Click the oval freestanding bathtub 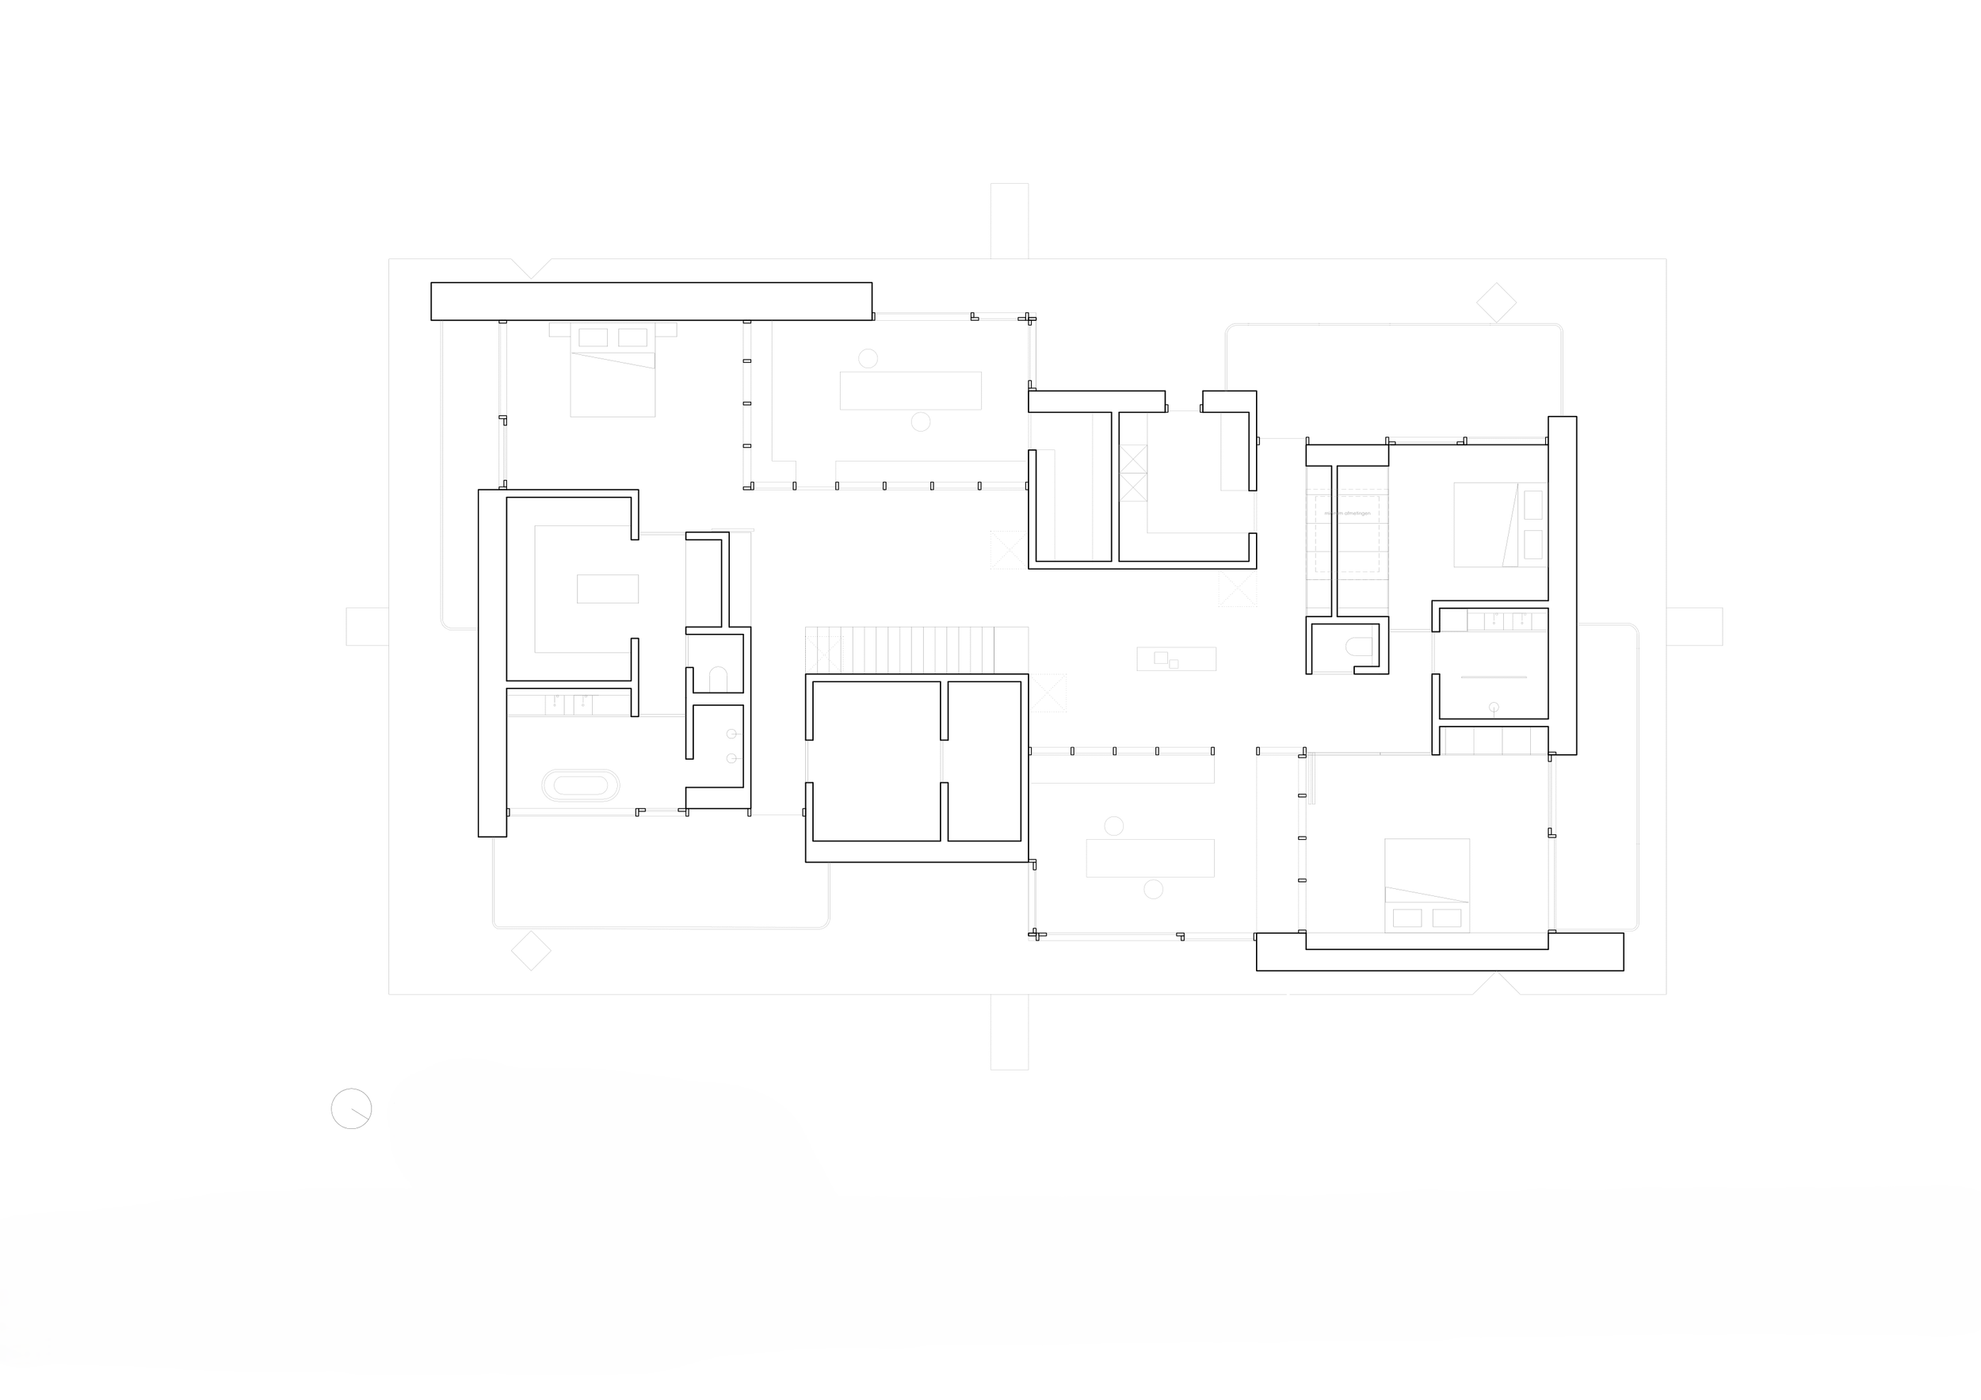pos(580,785)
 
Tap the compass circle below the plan pos(351,1108)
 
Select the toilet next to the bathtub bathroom pos(718,679)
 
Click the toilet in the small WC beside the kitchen pos(1359,647)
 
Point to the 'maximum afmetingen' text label pos(1347,513)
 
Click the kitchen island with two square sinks pos(1176,659)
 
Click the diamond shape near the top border pos(1496,303)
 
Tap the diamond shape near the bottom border pos(531,951)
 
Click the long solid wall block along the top pos(651,301)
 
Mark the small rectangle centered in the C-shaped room pos(608,589)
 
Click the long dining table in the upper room pos(910,390)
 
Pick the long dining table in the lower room pos(1149,858)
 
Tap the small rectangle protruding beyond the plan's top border pos(1009,220)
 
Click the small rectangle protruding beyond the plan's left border pos(367,626)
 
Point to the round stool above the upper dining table pos(868,358)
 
